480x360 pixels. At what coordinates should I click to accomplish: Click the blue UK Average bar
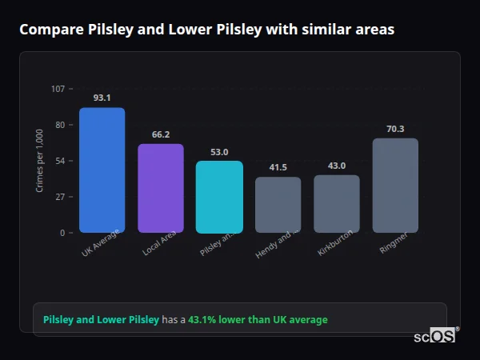pyautogui.click(x=102, y=170)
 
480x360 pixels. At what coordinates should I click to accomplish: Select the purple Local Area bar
pyautogui.click(x=161, y=188)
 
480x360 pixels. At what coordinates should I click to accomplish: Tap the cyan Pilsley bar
pyautogui.click(x=219, y=197)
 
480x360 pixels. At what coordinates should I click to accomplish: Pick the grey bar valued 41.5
pyautogui.click(x=278, y=205)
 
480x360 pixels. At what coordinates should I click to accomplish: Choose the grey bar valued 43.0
pyautogui.click(x=337, y=204)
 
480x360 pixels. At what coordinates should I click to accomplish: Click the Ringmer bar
pyautogui.click(x=395, y=185)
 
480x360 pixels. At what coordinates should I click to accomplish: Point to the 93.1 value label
pyautogui.click(x=102, y=98)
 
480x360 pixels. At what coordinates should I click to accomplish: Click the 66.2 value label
pyautogui.click(x=161, y=134)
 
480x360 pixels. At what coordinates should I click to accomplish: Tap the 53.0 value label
pyautogui.click(x=219, y=152)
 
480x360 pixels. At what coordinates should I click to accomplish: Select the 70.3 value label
pyautogui.click(x=395, y=129)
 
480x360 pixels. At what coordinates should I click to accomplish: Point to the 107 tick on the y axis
pyautogui.click(x=58, y=88)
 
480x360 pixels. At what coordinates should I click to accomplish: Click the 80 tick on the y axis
pyautogui.click(x=59, y=125)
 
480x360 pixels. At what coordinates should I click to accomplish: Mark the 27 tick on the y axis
pyautogui.click(x=59, y=197)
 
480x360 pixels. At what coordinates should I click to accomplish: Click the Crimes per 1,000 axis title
pyautogui.click(x=40, y=161)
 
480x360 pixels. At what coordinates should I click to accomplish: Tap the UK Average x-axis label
pyautogui.click(x=100, y=243)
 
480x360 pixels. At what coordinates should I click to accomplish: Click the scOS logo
pyautogui.click(x=434, y=336)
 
